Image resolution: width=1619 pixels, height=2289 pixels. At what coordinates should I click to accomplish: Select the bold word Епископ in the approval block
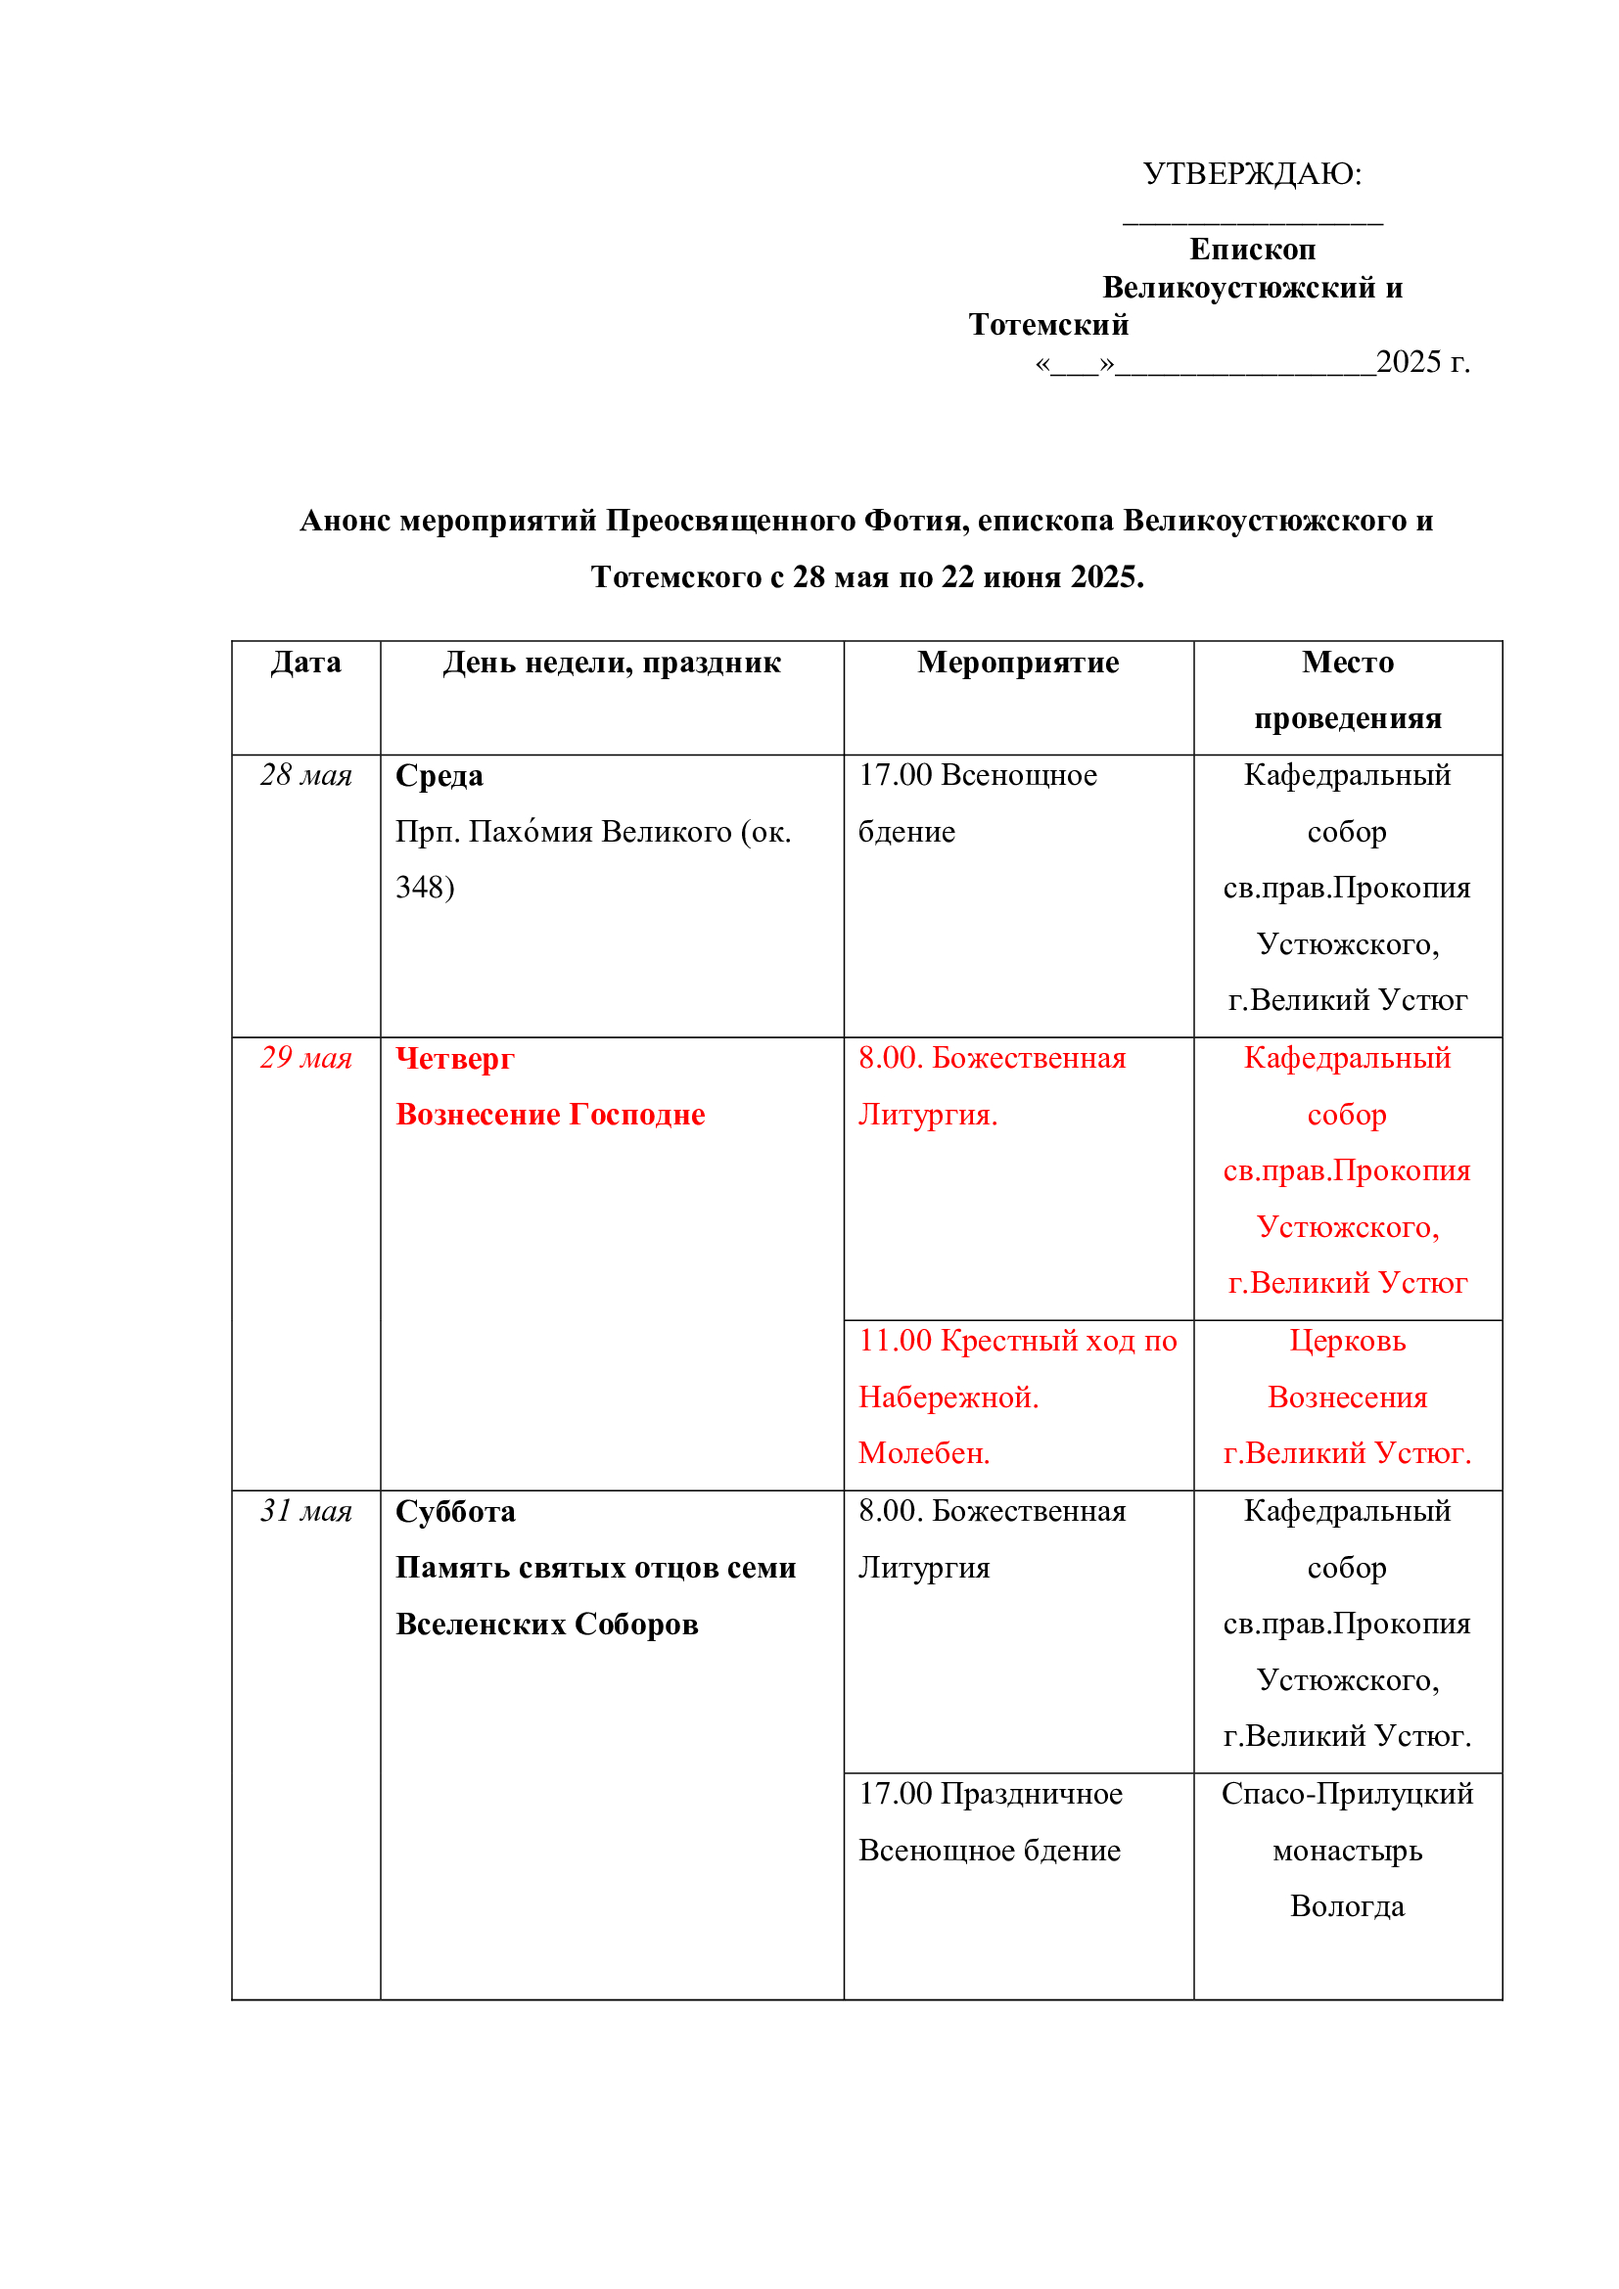pyautogui.click(x=1252, y=250)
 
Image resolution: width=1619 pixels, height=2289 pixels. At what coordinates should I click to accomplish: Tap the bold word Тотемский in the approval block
pyautogui.click(x=1048, y=325)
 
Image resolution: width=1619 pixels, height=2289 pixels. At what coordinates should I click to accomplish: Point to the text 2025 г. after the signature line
pyautogui.click(x=1422, y=362)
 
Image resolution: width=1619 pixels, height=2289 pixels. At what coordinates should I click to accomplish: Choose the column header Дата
pyautogui.click(x=306, y=663)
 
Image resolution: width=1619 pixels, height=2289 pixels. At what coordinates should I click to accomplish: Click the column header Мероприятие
pyautogui.click(x=1018, y=663)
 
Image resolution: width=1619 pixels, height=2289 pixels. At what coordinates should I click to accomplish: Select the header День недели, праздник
pyautogui.click(x=611, y=663)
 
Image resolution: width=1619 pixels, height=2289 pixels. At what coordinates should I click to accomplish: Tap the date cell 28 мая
pyautogui.click(x=306, y=776)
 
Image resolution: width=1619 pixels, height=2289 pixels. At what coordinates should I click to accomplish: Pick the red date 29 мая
pyautogui.click(x=306, y=1058)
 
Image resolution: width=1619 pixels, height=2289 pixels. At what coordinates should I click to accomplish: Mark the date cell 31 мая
pyautogui.click(x=306, y=1511)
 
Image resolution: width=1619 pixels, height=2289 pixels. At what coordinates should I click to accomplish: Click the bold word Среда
pyautogui.click(x=439, y=776)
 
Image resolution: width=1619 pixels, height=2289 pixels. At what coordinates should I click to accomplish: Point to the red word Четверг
pyautogui.click(x=454, y=1059)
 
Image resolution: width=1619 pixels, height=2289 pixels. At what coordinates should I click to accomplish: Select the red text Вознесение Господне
pyautogui.click(x=550, y=1115)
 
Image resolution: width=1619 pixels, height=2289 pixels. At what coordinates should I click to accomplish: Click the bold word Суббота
pyautogui.click(x=455, y=1512)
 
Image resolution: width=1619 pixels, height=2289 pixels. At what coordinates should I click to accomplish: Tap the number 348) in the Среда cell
pyautogui.click(x=425, y=888)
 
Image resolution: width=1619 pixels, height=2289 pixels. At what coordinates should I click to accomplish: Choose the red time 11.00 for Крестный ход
pyautogui.click(x=896, y=1342)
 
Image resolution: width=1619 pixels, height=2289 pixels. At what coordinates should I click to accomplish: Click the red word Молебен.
pyautogui.click(x=924, y=1453)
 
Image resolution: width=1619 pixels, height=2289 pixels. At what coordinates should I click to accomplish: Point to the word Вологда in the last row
pyautogui.click(x=1347, y=1906)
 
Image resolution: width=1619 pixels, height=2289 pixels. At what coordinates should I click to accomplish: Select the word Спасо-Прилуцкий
pyautogui.click(x=1347, y=1794)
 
